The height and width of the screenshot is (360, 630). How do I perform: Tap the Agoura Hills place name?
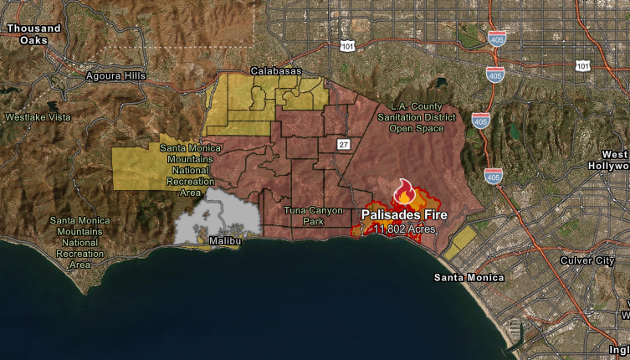pos(115,76)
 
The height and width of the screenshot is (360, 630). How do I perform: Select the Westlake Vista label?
pos(38,117)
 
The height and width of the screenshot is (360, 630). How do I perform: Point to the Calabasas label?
pos(275,71)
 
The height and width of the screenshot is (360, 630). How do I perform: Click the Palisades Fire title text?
pos(404,214)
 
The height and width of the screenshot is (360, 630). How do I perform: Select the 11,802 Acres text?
pos(404,229)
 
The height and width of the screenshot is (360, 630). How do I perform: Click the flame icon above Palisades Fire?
pos(404,192)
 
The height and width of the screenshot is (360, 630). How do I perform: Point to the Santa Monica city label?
pos(469,277)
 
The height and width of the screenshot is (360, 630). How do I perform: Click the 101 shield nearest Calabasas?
pos(347,46)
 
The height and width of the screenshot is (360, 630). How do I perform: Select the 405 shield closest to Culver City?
pos(494,176)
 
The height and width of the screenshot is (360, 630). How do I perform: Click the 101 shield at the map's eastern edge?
pos(582,65)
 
